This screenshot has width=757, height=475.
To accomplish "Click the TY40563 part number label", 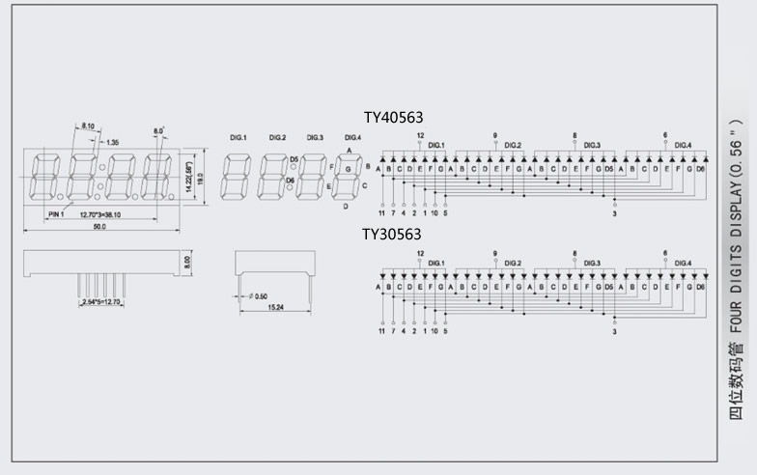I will tap(393, 118).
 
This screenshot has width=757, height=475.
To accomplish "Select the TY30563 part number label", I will tap(392, 234).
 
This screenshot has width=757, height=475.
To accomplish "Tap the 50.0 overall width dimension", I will tap(99, 227).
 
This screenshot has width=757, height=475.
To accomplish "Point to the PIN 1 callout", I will tap(56, 214).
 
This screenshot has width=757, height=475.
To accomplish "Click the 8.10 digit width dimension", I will tap(88, 126).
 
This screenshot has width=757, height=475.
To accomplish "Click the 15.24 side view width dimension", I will tap(274, 308).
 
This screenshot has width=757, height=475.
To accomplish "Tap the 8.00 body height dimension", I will tap(188, 261).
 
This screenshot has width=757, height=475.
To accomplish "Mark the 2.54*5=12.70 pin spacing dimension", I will tap(99, 302).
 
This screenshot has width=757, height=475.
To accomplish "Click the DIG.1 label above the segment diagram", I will tap(238, 138).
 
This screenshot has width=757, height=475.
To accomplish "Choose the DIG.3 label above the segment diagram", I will tap(316, 138).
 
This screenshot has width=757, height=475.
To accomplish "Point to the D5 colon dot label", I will tap(294, 159).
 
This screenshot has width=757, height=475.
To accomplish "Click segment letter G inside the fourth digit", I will tap(347, 168).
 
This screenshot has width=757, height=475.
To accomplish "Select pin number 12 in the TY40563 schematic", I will tap(420, 135).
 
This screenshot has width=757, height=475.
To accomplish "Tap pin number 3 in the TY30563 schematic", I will tap(614, 331).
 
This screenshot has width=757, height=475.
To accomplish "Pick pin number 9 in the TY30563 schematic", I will tap(495, 253).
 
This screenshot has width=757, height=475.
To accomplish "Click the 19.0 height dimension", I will tap(200, 178).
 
